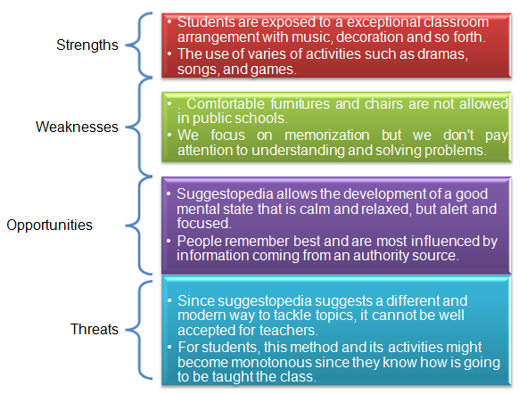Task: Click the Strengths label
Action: [x=87, y=45]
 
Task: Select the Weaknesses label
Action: [x=77, y=127]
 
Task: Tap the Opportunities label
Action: [x=49, y=226]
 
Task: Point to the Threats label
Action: [x=95, y=329]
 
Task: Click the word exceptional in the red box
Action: [x=383, y=22]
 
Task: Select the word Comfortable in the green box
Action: [x=226, y=103]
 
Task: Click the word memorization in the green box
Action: [x=326, y=135]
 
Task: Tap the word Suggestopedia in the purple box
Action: [x=225, y=194]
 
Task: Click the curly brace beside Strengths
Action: [x=139, y=45]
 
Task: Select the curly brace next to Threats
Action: [x=139, y=330]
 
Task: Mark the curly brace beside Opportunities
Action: [x=139, y=226]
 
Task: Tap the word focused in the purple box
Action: [x=203, y=224]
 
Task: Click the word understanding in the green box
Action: [x=298, y=151]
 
